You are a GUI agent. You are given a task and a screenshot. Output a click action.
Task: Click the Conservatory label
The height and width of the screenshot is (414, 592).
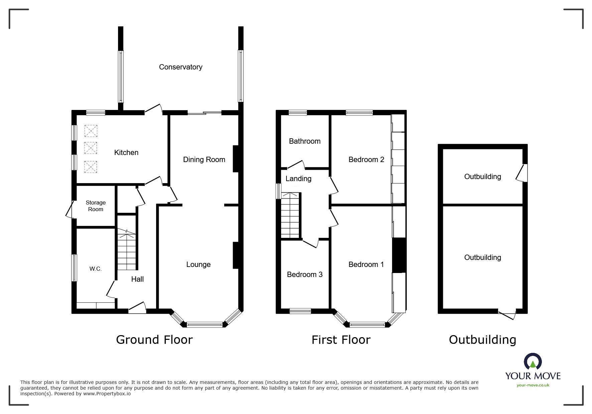181,67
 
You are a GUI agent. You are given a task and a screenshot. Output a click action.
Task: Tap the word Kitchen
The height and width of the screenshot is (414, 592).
126,153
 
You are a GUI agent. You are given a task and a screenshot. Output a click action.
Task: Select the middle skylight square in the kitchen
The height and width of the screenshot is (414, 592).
91,148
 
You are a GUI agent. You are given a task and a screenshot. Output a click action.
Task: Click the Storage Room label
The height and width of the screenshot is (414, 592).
96,206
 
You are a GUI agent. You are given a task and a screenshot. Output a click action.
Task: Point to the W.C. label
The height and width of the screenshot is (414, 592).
95,269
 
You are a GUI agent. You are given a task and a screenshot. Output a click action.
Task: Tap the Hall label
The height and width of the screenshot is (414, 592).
137,279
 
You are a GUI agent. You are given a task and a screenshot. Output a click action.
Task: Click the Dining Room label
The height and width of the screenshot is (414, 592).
204,160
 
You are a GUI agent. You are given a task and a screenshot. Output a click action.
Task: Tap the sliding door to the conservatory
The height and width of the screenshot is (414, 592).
205,113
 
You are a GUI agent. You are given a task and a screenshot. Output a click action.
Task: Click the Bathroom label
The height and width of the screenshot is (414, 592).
305,141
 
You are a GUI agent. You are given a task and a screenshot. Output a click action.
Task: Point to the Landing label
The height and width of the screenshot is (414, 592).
298,179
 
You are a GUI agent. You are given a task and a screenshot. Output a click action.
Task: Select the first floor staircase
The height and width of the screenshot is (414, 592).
290,215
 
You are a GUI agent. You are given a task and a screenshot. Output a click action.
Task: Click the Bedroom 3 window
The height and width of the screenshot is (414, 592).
300,311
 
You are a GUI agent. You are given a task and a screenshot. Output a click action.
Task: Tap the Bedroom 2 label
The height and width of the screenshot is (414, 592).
366,160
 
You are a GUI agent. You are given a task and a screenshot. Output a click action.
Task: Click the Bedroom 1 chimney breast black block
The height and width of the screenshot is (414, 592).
398,255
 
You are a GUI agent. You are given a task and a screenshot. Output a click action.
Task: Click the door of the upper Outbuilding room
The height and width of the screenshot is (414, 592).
522,173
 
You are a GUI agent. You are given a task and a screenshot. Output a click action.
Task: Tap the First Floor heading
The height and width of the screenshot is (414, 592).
341,340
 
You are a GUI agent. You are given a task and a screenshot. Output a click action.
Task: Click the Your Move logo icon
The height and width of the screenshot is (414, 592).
532,362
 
